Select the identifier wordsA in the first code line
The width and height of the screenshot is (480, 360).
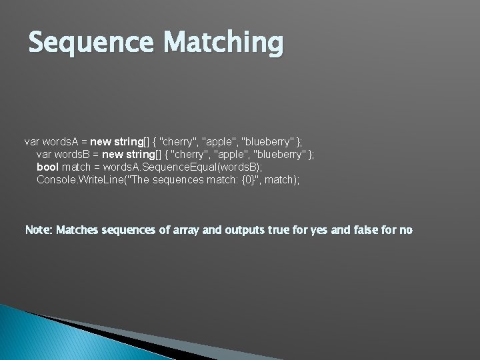pos(61,141)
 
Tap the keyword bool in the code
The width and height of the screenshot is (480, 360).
pos(47,167)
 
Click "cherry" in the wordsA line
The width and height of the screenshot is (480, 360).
pos(178,141)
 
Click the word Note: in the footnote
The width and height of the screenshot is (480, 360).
pos(39,230)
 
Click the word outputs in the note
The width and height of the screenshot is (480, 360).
pos(245,230)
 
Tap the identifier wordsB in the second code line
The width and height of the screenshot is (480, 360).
pos(73,154)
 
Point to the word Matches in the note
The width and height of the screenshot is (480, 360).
pos(77,230)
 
